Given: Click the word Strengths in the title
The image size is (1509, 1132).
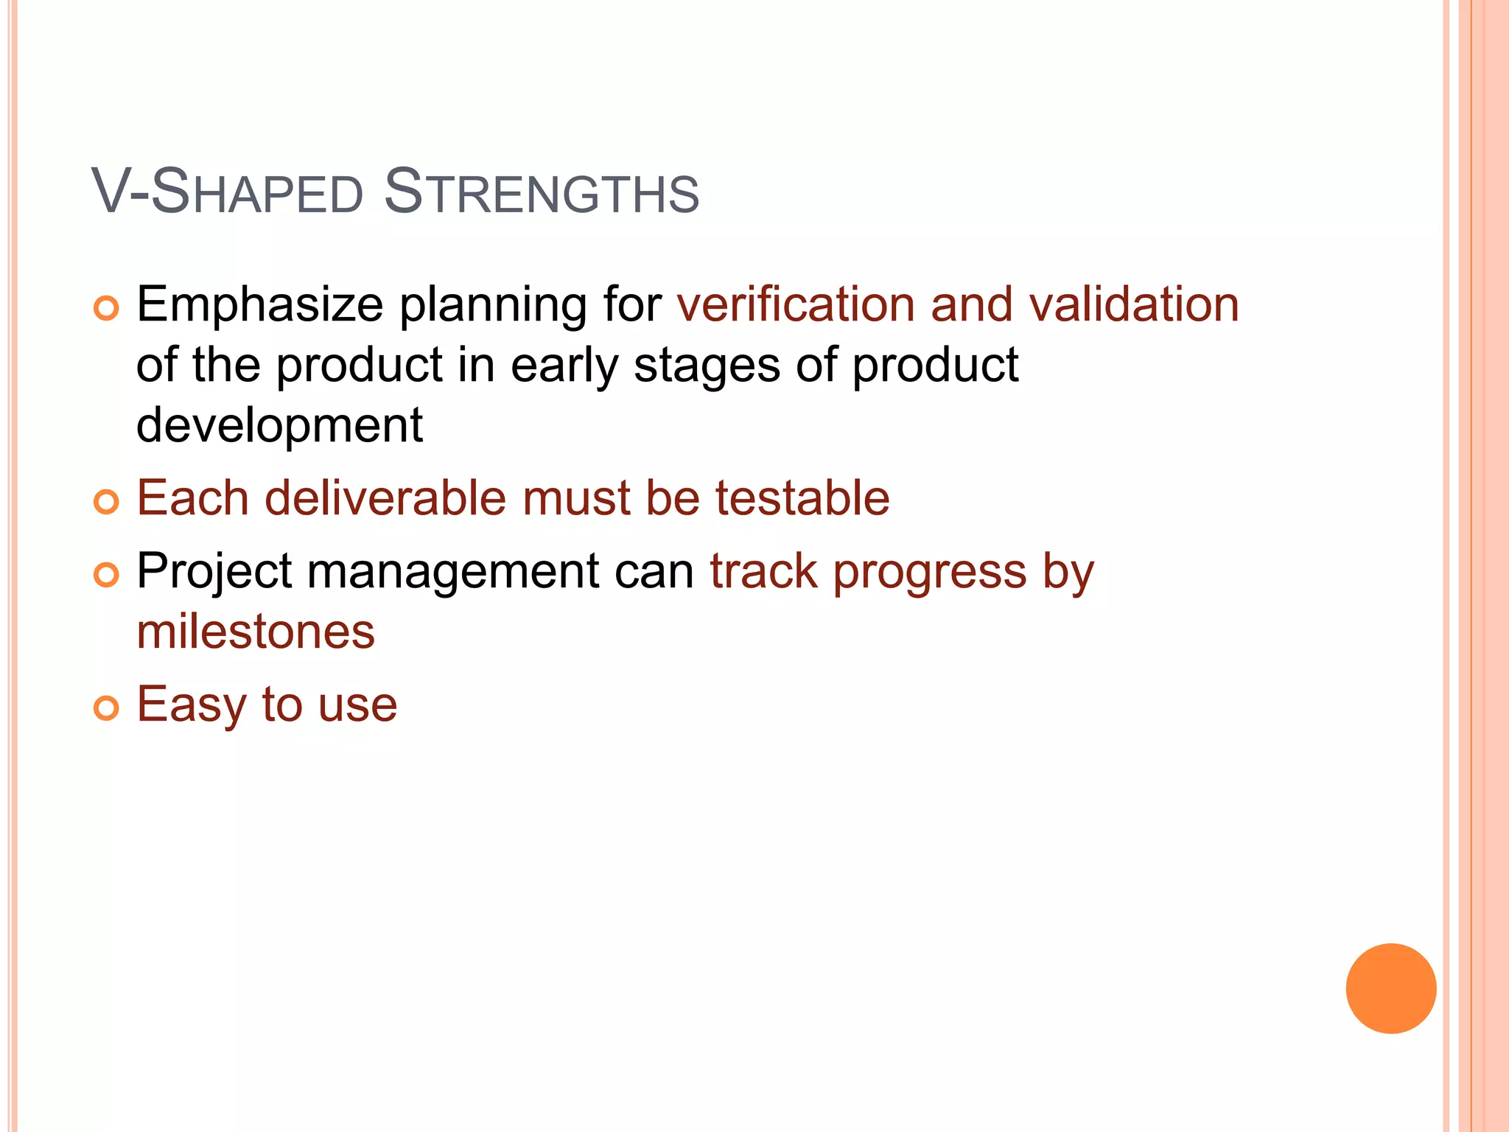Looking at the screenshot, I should [x=541, y=192].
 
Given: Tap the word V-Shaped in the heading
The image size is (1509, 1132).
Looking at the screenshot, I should [x=228, y=192].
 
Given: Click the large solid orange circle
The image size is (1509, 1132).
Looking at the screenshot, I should [x=1390, y=988].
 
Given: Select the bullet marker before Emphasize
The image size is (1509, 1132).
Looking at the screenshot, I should [x=106, y=308].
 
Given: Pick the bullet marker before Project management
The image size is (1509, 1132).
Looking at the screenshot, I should [x=106, y=575].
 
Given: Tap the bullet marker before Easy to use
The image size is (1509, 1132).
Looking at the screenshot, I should [x=106, y=708].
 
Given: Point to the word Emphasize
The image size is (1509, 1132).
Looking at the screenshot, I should [x=259, y=306].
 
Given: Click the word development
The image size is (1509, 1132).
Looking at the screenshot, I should [x=279, y=426].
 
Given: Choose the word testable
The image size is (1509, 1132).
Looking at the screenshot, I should [x=802, y=498].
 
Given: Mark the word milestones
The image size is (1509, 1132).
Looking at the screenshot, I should [x=256, y=632].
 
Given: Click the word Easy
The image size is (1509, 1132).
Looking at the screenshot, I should [x=191, y=705].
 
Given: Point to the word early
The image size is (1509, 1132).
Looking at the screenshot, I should [x=564, y=366].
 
